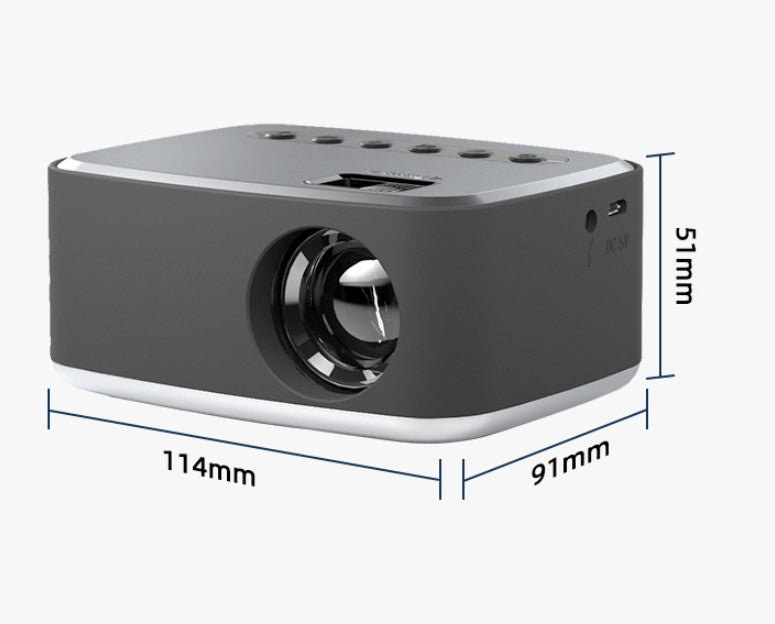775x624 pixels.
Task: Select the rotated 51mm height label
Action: (x=683, y=265)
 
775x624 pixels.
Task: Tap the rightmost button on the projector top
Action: (x=523, y=157)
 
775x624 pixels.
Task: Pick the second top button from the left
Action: (x=322, y=139)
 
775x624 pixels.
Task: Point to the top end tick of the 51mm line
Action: (x=660, y=154)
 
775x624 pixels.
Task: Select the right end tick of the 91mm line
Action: (x=649, y=403)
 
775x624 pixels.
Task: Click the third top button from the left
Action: (x=373, y=144)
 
